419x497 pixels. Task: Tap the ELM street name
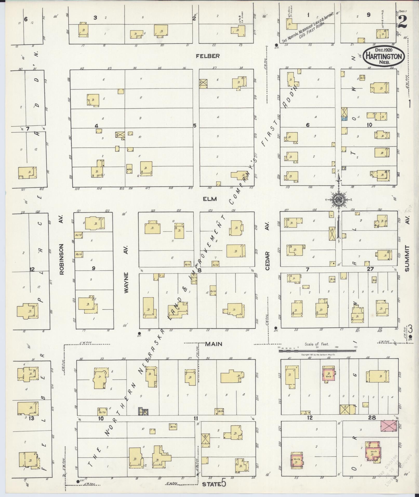tap(210, 199)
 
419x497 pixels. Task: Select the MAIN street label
tap(214, 344)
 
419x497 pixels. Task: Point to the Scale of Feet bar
tap(317, 351)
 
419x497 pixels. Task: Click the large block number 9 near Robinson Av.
tap(93, 268)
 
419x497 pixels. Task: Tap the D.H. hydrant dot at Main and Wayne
tap(139, 333)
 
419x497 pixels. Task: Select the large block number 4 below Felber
tap(96, 126)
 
